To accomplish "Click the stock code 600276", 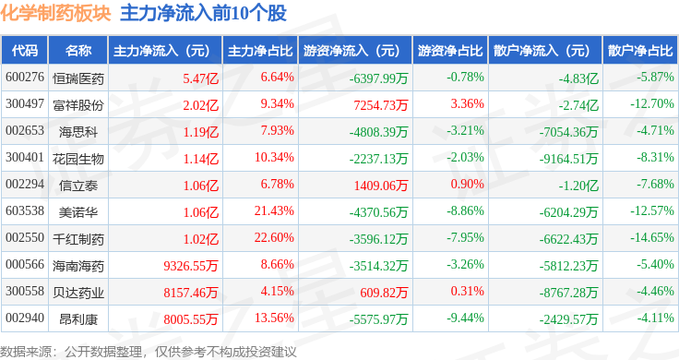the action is click(25, 78).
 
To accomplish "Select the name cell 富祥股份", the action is click(78, 105).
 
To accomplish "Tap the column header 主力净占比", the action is click(260, 51).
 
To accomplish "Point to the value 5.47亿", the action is click(200, 78).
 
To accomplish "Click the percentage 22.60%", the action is click(274, 238).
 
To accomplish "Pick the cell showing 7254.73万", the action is click(381, 105).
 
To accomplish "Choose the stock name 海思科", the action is click(78, 132).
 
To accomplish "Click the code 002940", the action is click(25, 318).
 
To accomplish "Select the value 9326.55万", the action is click(191, 266).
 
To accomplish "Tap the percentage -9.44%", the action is click(466, 318).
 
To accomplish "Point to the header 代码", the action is click(25, 51).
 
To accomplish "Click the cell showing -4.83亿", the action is click(578, 78).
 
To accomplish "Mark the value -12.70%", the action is click(652, 104).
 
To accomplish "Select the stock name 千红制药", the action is click(78, 239).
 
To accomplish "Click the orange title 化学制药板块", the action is click(56, 13).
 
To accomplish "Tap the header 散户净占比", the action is click(640, 51).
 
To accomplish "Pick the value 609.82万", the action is click(384, 293).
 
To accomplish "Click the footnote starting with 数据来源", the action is click(149, 352).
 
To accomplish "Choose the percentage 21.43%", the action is click(274, 211).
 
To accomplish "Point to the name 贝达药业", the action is click(78, 293).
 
